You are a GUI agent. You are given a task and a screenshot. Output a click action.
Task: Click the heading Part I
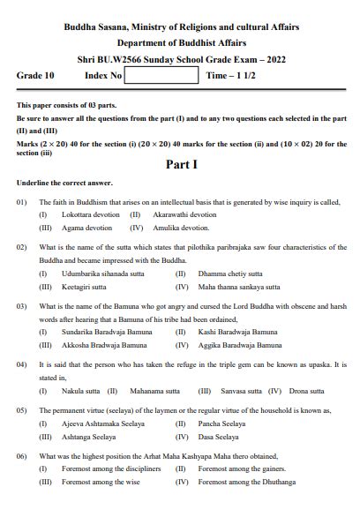pos(180,164)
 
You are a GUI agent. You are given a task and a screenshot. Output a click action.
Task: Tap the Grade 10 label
pos(35,76)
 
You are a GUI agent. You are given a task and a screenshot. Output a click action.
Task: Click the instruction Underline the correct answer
pos(64,183)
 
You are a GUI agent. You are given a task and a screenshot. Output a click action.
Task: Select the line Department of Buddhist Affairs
pos(180,42)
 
